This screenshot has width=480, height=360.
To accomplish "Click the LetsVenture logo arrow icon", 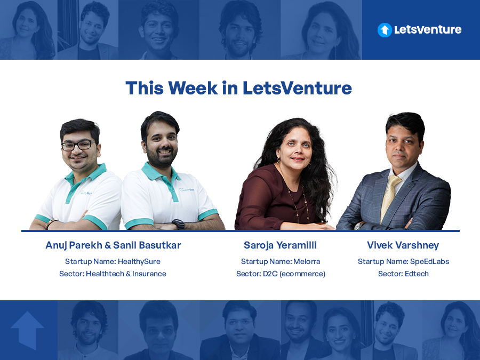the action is pyautogui.click(x=385, y=30).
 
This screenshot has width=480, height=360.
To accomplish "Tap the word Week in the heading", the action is pyautogui.click(x=193, y=88).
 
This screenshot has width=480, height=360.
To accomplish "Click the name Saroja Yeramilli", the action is pyautogui.click(x=280, y=245).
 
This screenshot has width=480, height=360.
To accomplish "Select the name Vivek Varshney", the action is pyautogui.click(x=403, y=245).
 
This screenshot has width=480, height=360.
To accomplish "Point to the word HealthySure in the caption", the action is pyautogui.click(x=139, y=261).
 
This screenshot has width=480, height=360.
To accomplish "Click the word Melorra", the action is pyautogui.click(x=307, y=261).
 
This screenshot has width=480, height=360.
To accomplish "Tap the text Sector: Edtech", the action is pyautogui.click(x=403, y=274).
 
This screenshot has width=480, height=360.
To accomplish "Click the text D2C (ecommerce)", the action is pyautogui.click(x=294, y=274).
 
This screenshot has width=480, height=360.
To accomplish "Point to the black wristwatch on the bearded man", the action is pyautogui.click(x=179, y=225).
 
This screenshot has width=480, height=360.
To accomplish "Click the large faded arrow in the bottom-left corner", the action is pyautogui.click(x=27, y=330).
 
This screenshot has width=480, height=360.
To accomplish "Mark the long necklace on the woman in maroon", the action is pyautogui.click(x=297, y=199).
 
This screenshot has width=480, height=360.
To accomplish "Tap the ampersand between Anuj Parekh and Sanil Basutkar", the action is pyautogui.click(x=108, y=245).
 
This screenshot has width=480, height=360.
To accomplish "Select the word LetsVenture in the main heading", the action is pyautogui.click(x=297, y=88).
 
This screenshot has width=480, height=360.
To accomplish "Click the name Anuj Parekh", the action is pyautogui.click(x=74, y=245).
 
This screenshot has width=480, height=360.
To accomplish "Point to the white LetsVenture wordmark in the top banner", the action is pyautogui.click(x=428, y=30).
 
